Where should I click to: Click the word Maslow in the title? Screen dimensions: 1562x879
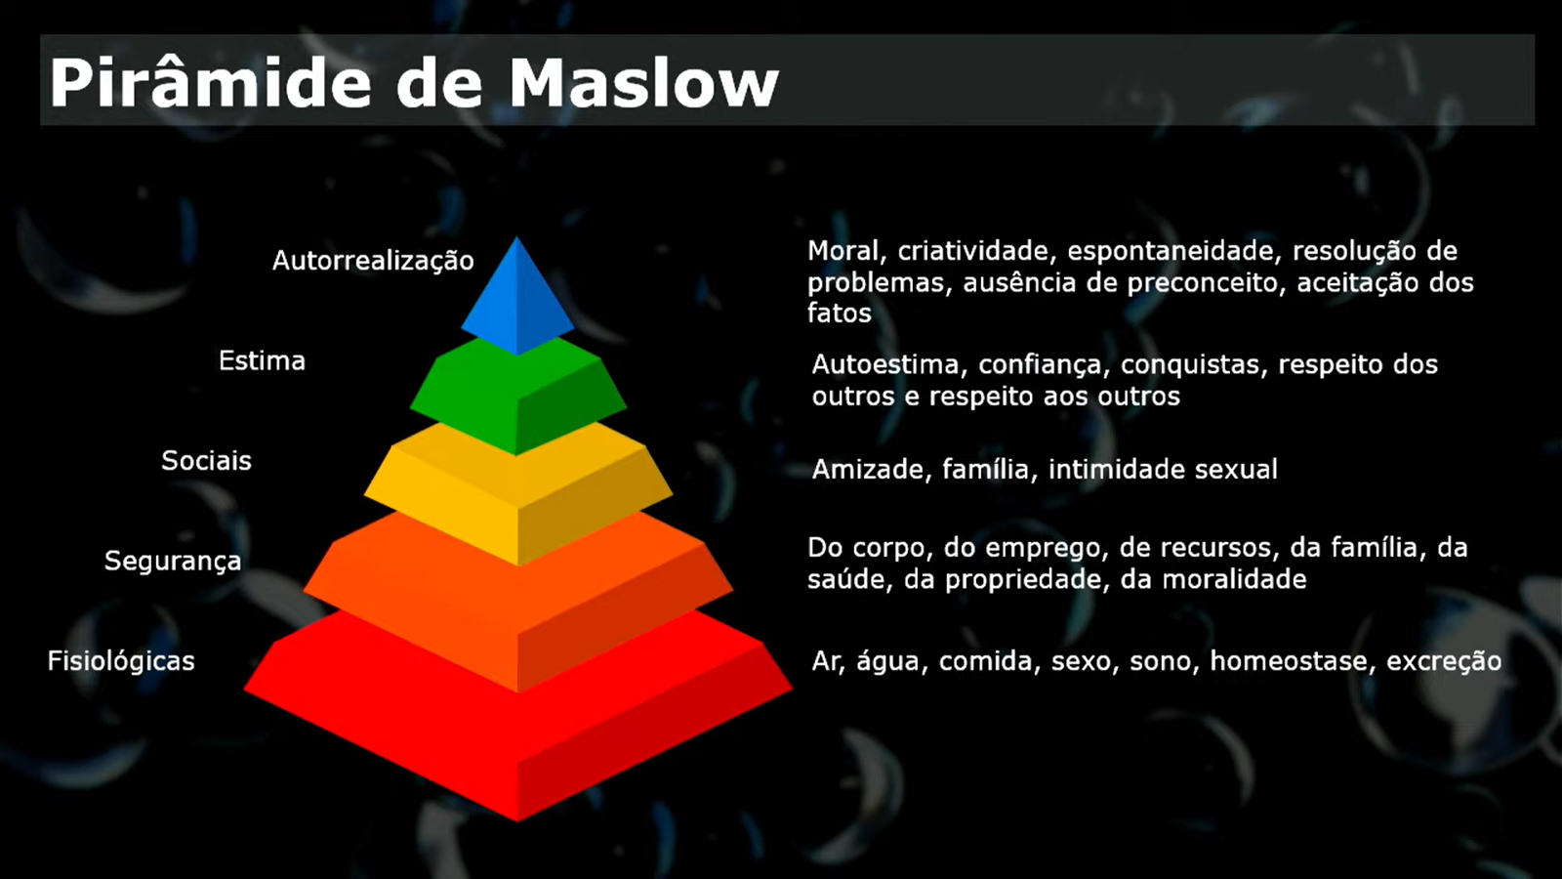point(643,83)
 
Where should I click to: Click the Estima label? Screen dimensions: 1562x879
point(263,360)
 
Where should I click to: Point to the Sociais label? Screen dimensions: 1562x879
point(206,460)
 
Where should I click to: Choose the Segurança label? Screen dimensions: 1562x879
point(173,562)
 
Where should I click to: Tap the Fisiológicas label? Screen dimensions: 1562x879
point(121,660)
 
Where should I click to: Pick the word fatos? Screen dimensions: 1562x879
point(840,314)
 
